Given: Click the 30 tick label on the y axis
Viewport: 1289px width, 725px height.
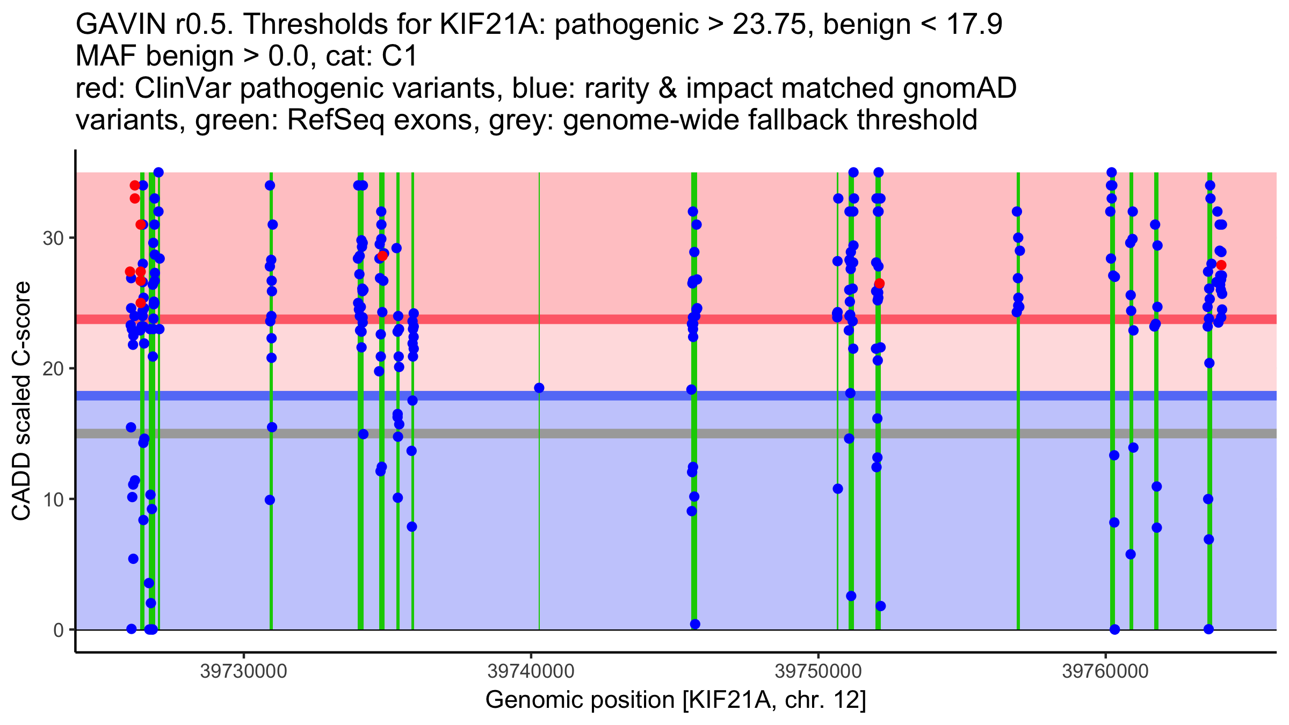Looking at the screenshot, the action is tap(53, 238).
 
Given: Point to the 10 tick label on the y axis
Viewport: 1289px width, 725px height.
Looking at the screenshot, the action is tap(53, 499).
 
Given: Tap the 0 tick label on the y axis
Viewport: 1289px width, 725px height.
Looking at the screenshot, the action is tap(59, 630).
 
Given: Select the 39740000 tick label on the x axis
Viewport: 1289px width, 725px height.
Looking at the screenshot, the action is tap(531, 671).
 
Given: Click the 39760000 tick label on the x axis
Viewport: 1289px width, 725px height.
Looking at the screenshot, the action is tap(1105, 671).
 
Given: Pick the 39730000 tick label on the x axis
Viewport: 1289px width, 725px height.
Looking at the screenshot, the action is tap(244, 671).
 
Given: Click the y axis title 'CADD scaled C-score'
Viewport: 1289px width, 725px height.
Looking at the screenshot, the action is tap(21, 401).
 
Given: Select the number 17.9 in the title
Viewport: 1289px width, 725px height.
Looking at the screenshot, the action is tap(971, 24).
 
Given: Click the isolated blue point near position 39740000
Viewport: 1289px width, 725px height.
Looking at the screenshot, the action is tap(539, 388).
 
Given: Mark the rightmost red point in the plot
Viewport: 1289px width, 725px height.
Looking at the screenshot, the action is tap(1221, 265).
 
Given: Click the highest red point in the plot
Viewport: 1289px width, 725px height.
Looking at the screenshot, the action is tap(135, 185).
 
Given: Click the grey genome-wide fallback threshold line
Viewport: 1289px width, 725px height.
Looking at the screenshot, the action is tap(676, 433).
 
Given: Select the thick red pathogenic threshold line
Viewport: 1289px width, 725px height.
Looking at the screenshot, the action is tap(676, 319).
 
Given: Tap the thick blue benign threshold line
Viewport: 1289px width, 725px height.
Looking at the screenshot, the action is tap(676, 396).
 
